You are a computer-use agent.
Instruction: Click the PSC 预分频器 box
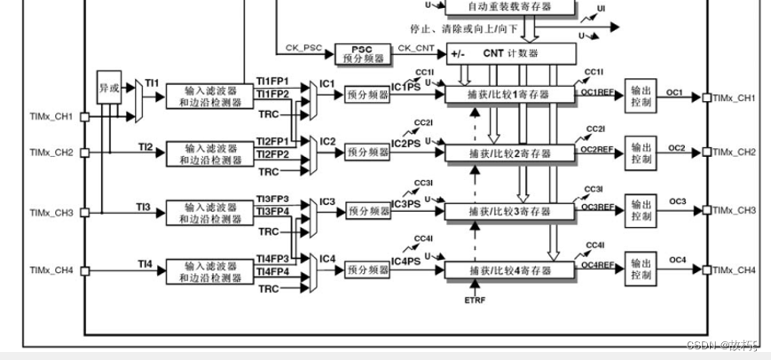[361, 52]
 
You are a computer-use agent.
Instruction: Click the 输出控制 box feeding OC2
[641, 153]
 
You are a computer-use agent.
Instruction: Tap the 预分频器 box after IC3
[368, 211]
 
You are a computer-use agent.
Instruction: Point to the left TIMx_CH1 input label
[51, 116]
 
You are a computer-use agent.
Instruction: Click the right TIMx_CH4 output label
[734, 270]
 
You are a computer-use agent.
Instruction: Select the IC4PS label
[405, 262]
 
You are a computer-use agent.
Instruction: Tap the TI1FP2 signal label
[272, 94]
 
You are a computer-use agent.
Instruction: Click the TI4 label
[146, 262]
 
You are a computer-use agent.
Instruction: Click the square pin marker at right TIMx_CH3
[706, 210]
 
